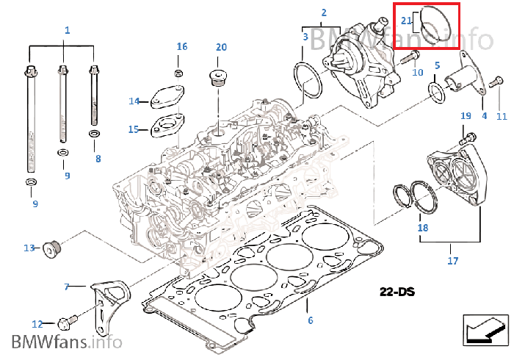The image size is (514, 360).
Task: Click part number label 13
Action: (x=29, y=248)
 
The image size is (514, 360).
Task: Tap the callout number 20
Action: (x=221, y=47)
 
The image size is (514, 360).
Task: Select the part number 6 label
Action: (x=310, y=320)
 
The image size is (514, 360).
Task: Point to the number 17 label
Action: (x=452, y=261)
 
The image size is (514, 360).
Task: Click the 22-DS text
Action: (x=397, y=292)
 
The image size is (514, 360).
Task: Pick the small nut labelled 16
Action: (x=178, y=73)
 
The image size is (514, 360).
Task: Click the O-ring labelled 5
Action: (x=435, y=91)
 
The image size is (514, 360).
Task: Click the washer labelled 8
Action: (x=95, y=134)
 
